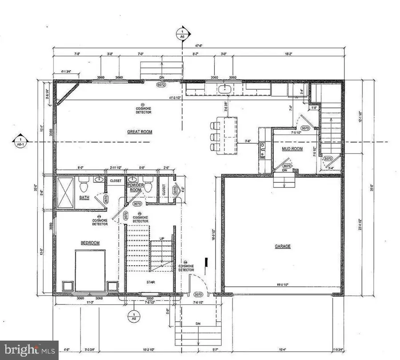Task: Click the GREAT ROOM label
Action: [x=140, y=132]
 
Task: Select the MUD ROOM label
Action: [x=292, y=149]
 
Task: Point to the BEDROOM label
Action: [x=90, y=243]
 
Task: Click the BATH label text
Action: [x=84, y=198]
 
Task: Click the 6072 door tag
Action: [x=161, y=84]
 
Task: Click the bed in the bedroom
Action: [x=90, y=271]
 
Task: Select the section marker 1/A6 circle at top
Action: [x=181, y=34]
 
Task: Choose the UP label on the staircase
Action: [x=162, y=239]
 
